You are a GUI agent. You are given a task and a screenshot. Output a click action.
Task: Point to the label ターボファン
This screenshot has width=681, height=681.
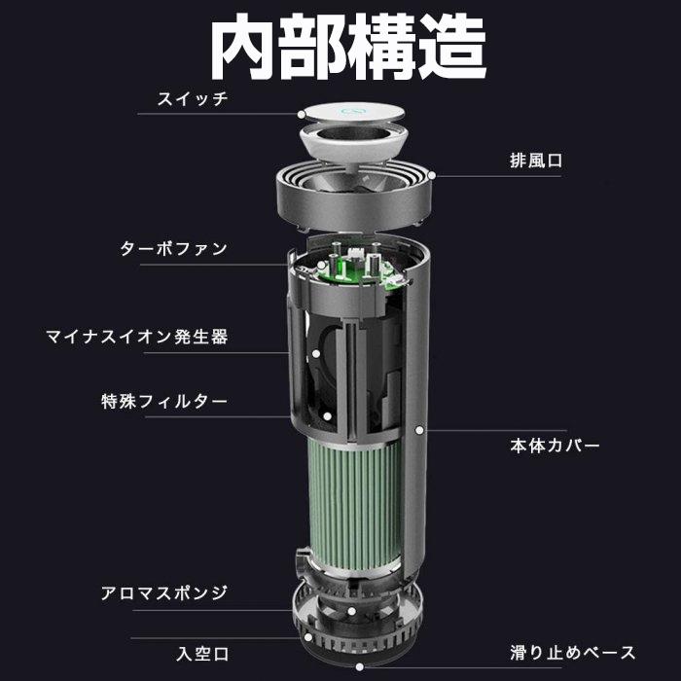point(174,248)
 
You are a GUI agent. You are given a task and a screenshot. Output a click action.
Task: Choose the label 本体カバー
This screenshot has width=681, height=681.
point(556,446)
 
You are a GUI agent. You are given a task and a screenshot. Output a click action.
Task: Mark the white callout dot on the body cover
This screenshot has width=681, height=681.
point(419,428)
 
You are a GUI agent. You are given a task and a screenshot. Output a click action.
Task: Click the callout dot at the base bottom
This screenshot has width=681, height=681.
point(361,666)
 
